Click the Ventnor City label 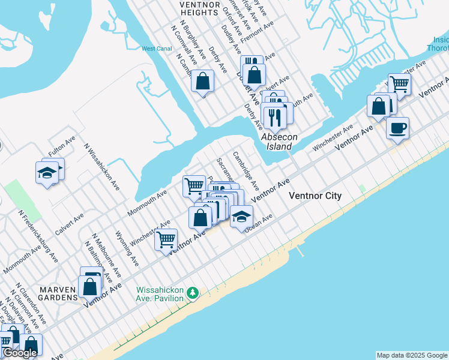(x=315, y=196)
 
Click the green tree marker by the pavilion (x=193, y=293)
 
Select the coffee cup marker (x=397, y=128)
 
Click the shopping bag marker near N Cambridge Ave (x=203, y=81)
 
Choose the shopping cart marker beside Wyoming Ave (x=166, y=239)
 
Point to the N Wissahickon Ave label (x=102, y=166)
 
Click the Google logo (x=20, y=353)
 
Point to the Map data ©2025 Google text (x=412, y=355)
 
